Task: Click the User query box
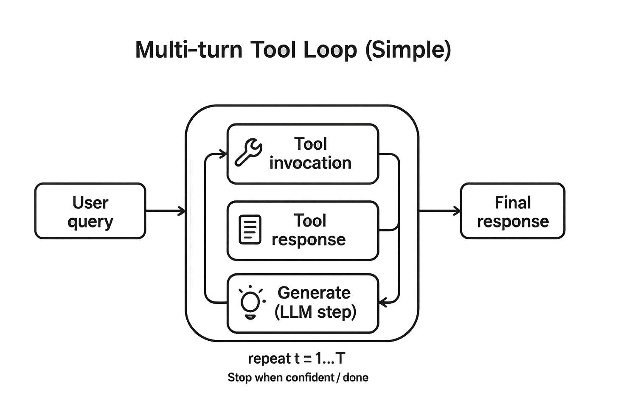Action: click(90, 210)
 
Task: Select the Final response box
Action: click(513, 210)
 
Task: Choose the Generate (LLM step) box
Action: click(303, 303)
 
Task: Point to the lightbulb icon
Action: click(251, 302)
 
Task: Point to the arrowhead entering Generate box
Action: click(383, 303)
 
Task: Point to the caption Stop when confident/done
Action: click(298, 377)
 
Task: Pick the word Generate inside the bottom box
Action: click(314, 293)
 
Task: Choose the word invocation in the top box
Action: click(311, 163)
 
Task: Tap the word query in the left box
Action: click(90, 221)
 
